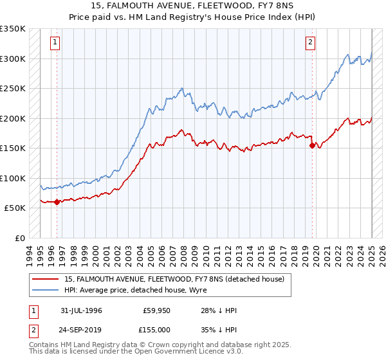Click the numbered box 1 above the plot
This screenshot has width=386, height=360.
coord(56,43)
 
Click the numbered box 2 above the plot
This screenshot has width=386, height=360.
coord(310,43)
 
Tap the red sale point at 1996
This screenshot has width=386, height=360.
coord(57,202)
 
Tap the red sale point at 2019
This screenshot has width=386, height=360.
coord(312,146)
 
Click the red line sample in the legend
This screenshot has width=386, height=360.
coord(46,279)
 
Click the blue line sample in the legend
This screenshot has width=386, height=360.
coord(46,291)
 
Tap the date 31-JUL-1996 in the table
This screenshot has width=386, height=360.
coord(81,311)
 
